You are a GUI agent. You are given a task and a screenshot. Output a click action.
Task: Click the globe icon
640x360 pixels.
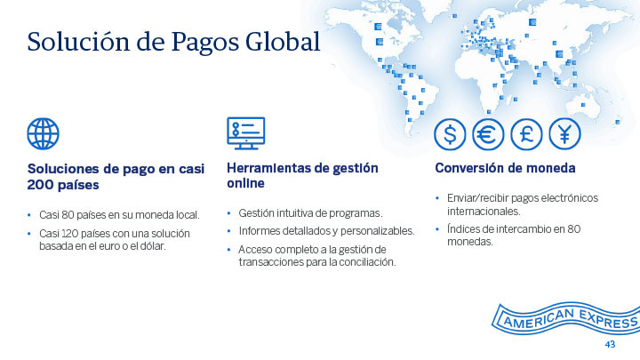[44, 134]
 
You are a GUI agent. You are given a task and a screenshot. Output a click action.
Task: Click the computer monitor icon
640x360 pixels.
[245, 133]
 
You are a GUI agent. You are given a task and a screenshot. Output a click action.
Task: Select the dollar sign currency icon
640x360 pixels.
[450, 134]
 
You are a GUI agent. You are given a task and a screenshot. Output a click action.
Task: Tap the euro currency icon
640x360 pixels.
[488, 134]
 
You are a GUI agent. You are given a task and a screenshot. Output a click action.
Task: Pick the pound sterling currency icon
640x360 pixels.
[526, 134]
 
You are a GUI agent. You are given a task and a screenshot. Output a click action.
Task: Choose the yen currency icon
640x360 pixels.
[564, 134]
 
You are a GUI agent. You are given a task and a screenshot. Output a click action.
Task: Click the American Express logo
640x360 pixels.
[565, 318]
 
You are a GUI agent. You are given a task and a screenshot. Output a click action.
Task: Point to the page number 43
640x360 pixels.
[610, 345]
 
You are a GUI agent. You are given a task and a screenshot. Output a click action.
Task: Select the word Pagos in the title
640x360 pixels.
[204, 44]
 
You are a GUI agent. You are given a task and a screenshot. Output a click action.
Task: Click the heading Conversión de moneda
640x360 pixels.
[505, 168]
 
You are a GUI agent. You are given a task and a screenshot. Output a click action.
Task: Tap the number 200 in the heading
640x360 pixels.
[39, 185]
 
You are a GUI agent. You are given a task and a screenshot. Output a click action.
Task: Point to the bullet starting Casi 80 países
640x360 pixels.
[119, 215]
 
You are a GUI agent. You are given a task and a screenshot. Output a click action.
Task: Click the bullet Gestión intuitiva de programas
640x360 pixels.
[310, 213]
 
